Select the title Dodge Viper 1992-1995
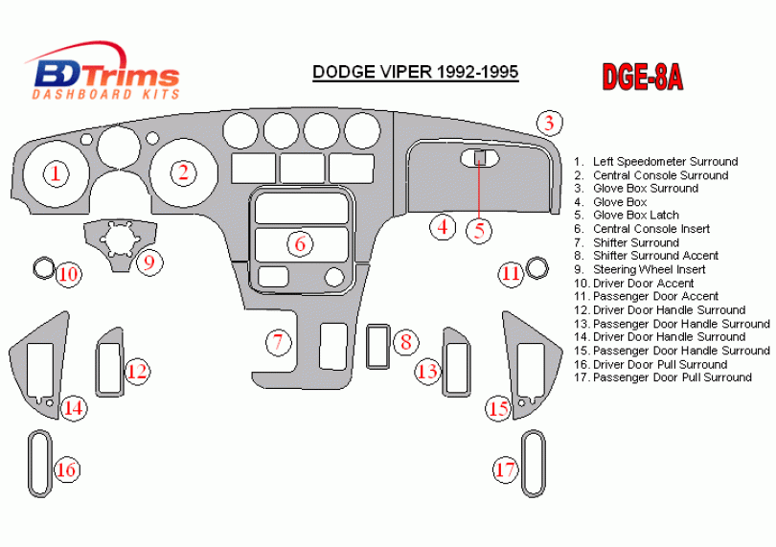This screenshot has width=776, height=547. click(415, 72)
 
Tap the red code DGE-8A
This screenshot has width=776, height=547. click(642, 77)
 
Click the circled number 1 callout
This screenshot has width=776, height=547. click(57, 173)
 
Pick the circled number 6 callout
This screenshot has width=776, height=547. click(300, 243)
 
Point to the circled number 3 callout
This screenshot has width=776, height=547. click(548, 123)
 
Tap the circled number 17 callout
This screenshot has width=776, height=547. click(507, 469)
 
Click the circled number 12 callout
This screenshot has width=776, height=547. click(137, 370)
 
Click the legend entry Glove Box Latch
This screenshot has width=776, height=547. click(635, 216)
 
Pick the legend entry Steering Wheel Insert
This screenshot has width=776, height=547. click(649, 269)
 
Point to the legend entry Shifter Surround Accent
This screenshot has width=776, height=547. click(655, 256)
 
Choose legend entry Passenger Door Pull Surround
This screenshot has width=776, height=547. click(672, 377)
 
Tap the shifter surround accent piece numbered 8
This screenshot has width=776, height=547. click(377, 346)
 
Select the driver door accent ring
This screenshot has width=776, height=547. click(42, 268)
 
